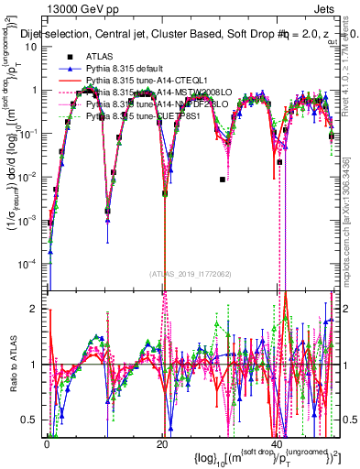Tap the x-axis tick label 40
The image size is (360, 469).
click(276, 442)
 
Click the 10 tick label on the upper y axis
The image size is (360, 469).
click(33, 47)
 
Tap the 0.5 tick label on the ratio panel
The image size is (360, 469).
click(32, 420)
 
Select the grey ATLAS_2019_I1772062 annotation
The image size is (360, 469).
click(190, 273)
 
